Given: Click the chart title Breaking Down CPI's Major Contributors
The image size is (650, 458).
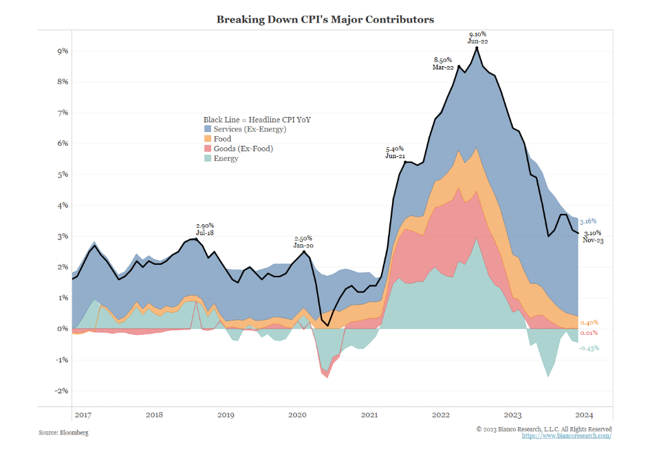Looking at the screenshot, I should click(325, 19).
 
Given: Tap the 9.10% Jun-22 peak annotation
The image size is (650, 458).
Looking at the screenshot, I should click(478, 37).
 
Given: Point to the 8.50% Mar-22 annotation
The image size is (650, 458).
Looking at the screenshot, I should click(443, 63).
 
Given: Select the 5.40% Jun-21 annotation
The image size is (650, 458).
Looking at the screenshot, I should click(394, 152).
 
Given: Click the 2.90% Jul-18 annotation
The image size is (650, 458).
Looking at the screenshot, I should click(205, 228).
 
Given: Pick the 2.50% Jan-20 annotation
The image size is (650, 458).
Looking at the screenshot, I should click(303, 241).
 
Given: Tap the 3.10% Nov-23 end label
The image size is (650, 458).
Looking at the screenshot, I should click(592, 236).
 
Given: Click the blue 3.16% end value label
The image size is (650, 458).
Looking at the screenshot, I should click(587, 221).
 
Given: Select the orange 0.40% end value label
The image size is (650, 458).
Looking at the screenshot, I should click(588, 323).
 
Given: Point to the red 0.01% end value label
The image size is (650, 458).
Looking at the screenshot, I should click(588, 333).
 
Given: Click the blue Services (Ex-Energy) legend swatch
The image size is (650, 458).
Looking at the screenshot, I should click(208, 129).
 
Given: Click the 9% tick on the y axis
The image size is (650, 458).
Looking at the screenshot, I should click(62, 51).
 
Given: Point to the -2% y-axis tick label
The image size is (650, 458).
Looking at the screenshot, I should click(61, 391).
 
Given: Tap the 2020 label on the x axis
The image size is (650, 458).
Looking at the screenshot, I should click(297, 415).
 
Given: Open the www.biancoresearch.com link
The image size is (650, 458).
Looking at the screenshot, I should click(566, 436).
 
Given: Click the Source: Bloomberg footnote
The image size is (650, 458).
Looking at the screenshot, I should click(63, 433).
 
